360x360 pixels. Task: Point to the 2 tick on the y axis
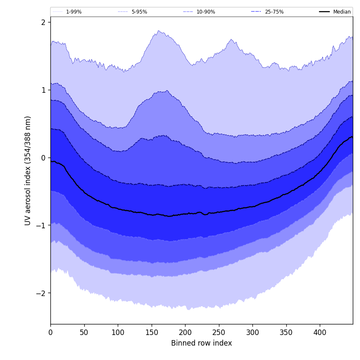tap(43, 22)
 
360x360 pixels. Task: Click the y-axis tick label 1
tap(43, 90)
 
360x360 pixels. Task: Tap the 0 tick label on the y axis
tap(43, 158)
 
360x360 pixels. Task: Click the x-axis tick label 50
tap(84, 332)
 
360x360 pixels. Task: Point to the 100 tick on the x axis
tap(118, 332)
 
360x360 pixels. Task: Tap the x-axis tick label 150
tap(151, 332)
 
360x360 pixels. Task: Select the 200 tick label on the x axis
tap(185, 332)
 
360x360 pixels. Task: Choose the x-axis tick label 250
tap(219, 332)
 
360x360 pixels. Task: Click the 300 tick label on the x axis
tap(252, 332)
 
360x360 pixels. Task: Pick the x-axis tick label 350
tap(286, 332)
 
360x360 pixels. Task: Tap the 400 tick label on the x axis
tap(320, 332)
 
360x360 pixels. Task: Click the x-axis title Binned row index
tap(202, 343)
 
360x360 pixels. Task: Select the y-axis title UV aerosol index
tap(28, 170)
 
